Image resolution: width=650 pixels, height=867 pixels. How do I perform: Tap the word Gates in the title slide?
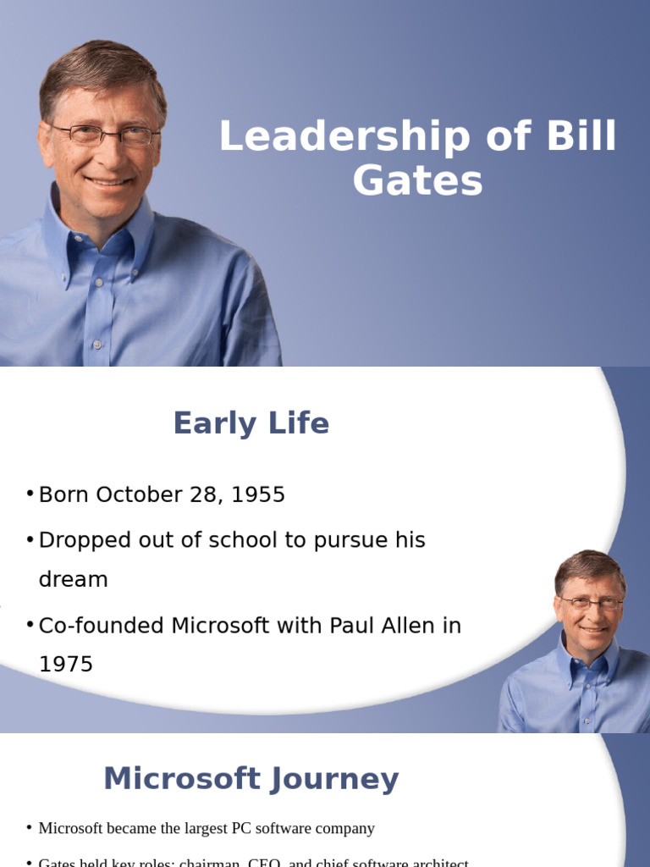pos(418,180)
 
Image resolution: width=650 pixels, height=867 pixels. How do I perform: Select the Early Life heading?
pos(251,423)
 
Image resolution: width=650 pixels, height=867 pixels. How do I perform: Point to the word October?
pos(138,495)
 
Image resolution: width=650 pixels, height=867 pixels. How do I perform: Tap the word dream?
pos(74,580)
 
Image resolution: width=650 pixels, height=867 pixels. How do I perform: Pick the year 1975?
pos(66,665)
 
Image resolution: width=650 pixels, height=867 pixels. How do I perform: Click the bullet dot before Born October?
pos(30,494)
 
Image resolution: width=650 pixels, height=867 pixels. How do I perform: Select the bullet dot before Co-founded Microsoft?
pos(30,624)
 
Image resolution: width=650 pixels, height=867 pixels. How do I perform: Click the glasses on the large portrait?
pos(103,134)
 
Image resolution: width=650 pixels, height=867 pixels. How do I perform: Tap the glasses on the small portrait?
pos(591,603)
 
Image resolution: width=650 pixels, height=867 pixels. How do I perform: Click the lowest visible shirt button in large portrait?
pos(98,345)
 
